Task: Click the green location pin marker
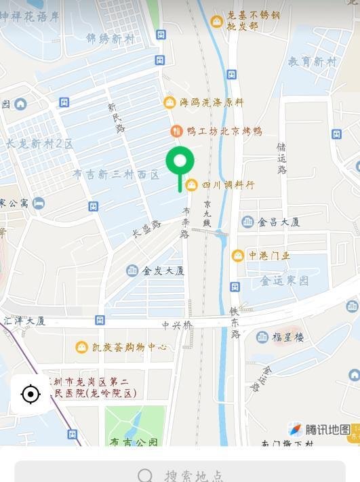coord(180,163)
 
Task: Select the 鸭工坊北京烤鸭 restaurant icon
coord(176,131)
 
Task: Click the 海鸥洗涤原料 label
coord(211,102)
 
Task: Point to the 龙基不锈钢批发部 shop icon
coord(216,21)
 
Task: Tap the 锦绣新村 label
coord(110,39)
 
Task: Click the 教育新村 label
coord(312,62)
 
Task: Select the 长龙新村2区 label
coord(39,144)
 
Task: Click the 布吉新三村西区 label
coord(116,175)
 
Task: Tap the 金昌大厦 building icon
coord(248,222)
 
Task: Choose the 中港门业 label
coord(269,256)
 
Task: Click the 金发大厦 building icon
coord(132,270)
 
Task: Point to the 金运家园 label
coord(285,280)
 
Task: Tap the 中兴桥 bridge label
coord(177,325)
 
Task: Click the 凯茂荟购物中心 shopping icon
coord(81,347)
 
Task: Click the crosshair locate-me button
coord(31,394)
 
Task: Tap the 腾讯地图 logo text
coord(327,429)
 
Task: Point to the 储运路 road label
coord(281,158)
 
